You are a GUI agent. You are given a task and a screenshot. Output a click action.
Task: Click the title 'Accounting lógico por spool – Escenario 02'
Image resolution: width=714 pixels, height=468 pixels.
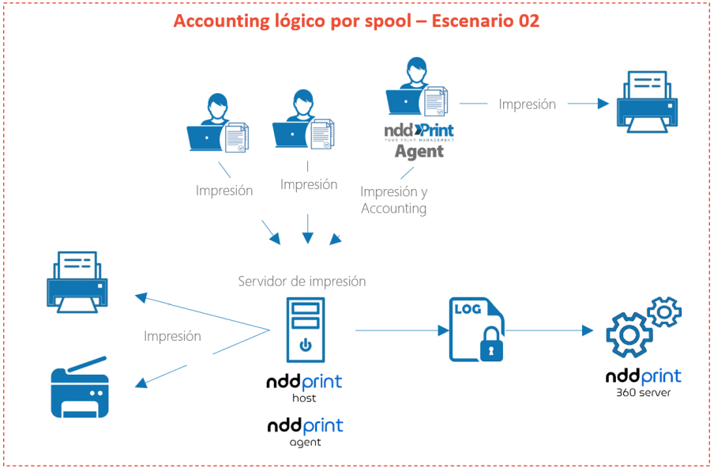coord(356,21)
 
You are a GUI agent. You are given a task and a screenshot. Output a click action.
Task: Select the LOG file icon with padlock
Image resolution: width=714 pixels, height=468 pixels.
coord(476,330)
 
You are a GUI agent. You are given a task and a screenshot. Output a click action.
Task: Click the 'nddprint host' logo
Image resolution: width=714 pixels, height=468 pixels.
coord(305,387)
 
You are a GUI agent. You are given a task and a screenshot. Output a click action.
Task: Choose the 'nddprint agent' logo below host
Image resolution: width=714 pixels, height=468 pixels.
coord(305,431)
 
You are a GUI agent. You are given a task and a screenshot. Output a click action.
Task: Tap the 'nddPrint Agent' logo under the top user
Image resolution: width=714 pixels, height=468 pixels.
coord(419,140)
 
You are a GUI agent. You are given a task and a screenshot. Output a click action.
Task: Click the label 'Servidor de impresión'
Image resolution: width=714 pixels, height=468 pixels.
coord(302,281)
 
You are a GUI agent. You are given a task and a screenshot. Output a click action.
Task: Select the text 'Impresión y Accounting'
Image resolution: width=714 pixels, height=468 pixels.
coord(394,200)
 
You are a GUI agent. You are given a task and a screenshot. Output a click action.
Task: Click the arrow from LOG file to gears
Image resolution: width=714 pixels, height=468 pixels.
coord(549,330)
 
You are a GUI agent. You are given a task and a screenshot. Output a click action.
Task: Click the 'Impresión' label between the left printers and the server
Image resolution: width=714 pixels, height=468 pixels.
coord(172,336)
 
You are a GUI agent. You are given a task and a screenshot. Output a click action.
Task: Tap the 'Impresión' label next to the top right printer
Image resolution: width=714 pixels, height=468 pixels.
coord(527,104)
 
